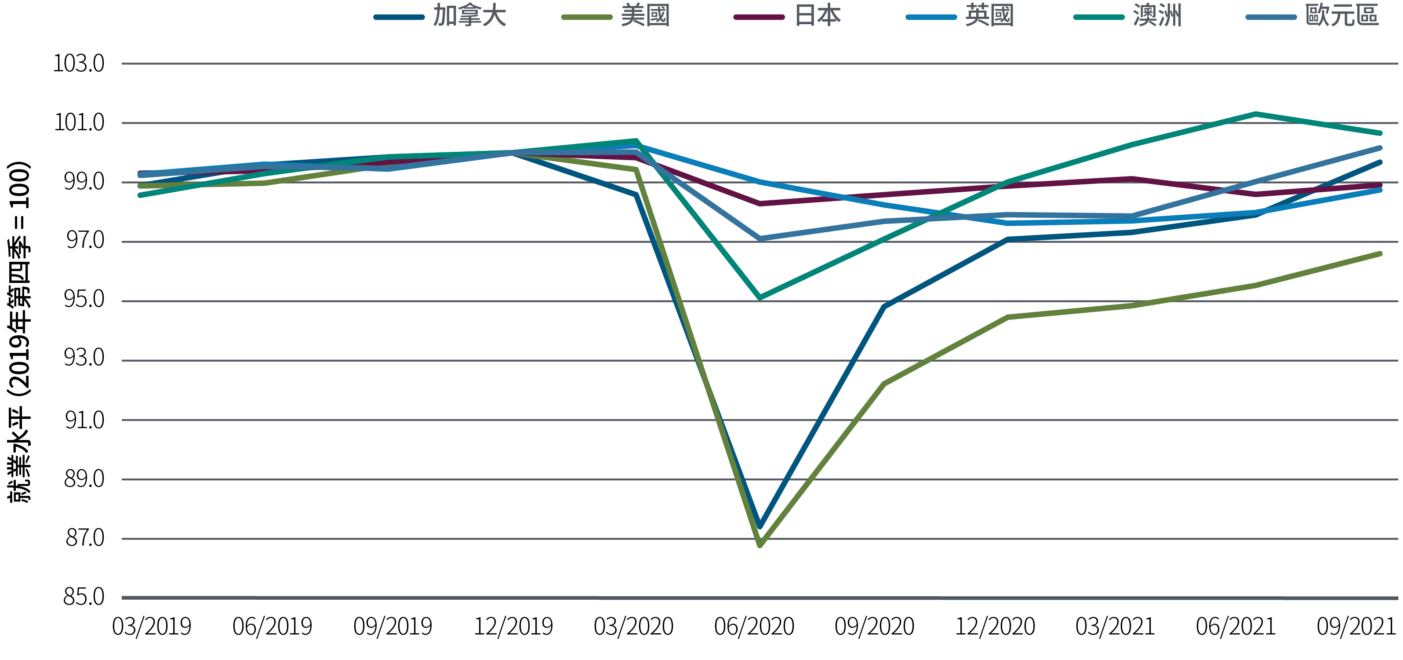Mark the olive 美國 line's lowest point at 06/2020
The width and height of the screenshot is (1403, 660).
tap(760, 544)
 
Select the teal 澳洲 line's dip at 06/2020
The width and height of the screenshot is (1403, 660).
tap(760, 297)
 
